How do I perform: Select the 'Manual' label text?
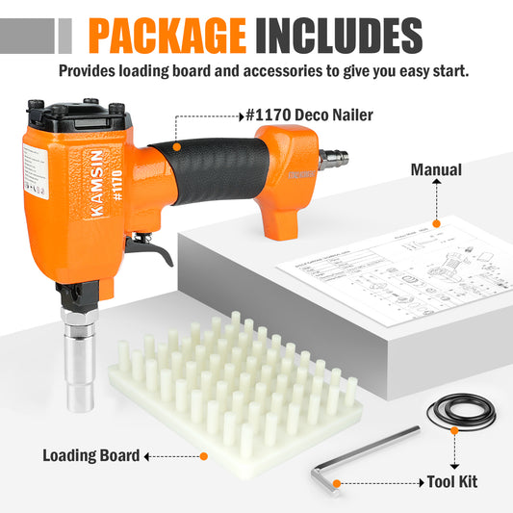click(x=436, y=170)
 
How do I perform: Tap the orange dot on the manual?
click(x=436, y=223)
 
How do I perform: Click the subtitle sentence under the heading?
click(x=264, y=70)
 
